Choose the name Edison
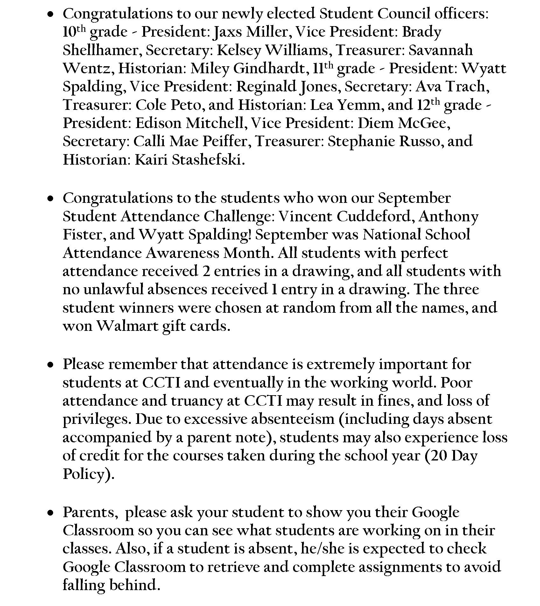[x=158, y=123]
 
